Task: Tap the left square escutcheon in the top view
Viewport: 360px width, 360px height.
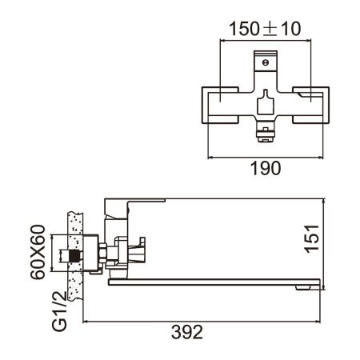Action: click(x=218, y=103)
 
